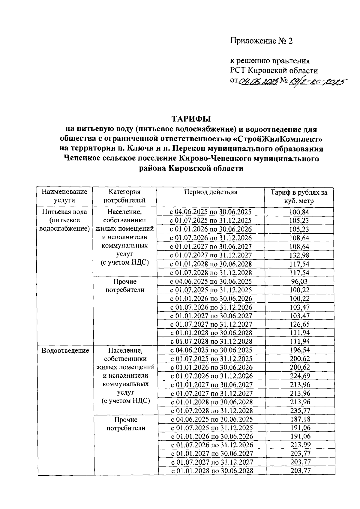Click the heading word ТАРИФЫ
pyautogui.click(x=191, y=119)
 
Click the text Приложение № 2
pyautogui.click(x=261, y=41)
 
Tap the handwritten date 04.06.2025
pyautogui.click(x=258, y=81)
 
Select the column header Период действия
pyautogui.click(x=211, y=192)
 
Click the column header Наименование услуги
pyautogui.click(x=64, y=196)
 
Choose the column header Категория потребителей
pyautogui.click(x=124, y=196)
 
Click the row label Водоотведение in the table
pyautogui.click(x=65, y=350)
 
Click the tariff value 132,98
pyautogui.click(x=299, y=256)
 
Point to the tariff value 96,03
pyautogui.click(x=299, y=282)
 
